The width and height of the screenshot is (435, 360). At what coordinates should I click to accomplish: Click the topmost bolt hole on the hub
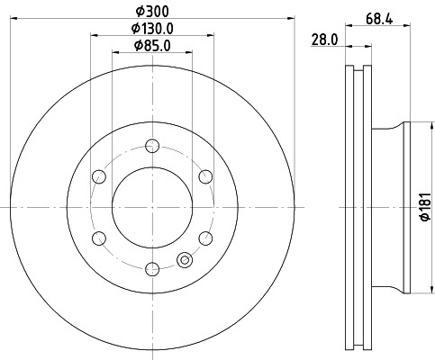(x=151, y=145)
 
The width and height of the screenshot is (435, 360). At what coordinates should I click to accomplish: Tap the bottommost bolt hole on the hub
(x=151, y=267)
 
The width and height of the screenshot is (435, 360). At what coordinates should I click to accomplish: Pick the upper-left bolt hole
(x=98, y=175)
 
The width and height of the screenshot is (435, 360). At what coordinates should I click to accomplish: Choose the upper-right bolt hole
(x=204, y=175)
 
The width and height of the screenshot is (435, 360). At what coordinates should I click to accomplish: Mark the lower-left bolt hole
(x=98, y=237)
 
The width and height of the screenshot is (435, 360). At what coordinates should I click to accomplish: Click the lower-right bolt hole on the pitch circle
(x=204, y=237)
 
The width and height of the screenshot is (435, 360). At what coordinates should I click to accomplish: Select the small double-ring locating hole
(x=186, y=260)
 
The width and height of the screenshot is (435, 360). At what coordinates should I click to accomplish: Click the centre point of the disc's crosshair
(x=151, y=206)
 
